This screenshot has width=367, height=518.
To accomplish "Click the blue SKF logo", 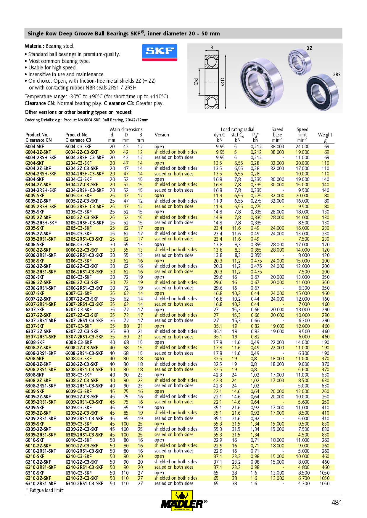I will (160, 52).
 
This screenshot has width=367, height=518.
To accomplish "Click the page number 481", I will (337, 502).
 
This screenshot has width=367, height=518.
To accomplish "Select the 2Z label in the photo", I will (309, 48).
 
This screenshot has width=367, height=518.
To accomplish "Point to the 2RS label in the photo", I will (337, 74).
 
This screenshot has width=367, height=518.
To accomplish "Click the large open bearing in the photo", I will (261, 82).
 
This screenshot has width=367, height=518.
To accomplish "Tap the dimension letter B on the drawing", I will (212, 48).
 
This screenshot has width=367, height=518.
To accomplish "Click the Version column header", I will (162, 135).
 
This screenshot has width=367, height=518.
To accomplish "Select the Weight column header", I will (325, 135).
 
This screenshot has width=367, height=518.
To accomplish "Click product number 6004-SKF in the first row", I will (35, 146).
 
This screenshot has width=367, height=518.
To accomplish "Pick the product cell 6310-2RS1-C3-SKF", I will (84, 483).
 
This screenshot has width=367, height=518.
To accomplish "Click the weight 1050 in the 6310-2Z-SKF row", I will (324, 478).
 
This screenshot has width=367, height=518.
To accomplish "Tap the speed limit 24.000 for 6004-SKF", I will (302, 146).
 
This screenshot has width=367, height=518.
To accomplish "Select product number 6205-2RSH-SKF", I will (41, 223).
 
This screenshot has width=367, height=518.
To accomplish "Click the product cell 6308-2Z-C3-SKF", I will (82, 380).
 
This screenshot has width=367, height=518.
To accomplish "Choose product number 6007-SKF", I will (35, 293).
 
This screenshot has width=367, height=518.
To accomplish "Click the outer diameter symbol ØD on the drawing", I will (223, 82).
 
